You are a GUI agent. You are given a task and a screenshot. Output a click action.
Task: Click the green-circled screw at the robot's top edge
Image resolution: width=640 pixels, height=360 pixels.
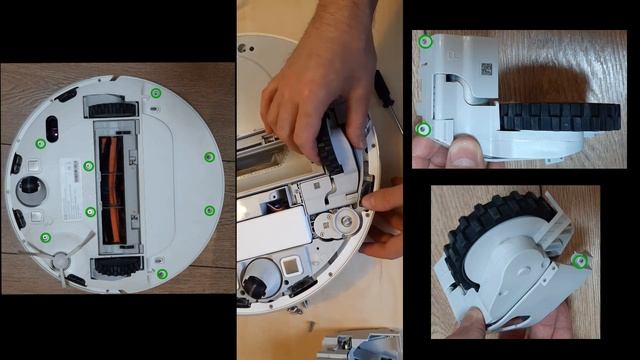coord(156,92)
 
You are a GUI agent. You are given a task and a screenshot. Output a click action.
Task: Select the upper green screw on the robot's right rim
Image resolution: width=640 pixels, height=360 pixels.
coord(209,156)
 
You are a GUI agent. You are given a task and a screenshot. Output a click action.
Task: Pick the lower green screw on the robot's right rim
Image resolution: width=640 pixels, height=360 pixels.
coord(209,210)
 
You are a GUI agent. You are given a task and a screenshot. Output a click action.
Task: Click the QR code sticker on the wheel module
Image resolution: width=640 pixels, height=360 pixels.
coord(487,69)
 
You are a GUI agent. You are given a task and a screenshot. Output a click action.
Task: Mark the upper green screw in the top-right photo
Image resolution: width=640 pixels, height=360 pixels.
coord(426,42)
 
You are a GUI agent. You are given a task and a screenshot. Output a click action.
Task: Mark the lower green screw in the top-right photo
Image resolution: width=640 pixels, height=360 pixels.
coord(424,128)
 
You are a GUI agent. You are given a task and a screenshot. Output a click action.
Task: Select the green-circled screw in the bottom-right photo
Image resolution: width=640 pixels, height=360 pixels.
coord(581,262)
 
